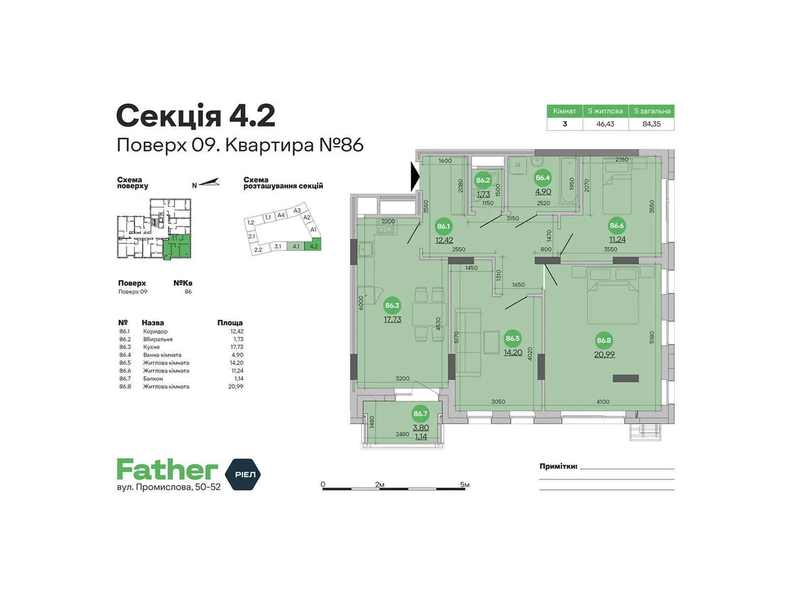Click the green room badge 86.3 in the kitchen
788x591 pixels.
tap(392, 305)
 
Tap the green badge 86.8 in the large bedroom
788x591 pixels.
tap(604, 340)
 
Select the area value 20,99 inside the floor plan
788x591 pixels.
tap(604, 355)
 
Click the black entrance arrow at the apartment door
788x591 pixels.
tap(415, 176)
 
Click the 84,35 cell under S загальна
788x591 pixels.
tap(651, 124)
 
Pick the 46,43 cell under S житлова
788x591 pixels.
tap(605, 124)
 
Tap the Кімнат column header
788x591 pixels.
tap(564, 111)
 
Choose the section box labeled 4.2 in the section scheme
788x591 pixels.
tap(313, 246)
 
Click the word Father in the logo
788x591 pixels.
tap(167, 470)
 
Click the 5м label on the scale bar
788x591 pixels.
tap(464, 485)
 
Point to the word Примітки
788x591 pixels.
tap(558, 466)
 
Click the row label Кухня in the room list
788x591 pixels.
tap(151, 347)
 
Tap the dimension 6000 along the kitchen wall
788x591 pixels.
tap(361, 302)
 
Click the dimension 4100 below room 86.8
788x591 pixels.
tap(603, 402)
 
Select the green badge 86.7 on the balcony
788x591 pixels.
tap(420, 414)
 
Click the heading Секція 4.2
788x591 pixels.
tap(196, 116)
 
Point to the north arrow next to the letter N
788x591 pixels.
tap(209, 183)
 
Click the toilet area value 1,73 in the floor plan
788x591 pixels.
tap(483, 195)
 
